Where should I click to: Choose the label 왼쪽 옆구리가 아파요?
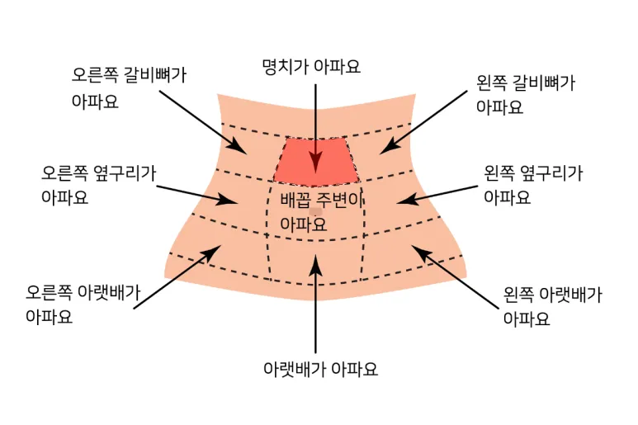click(x=532, y=186)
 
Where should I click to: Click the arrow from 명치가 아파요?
click(x=315, y=124)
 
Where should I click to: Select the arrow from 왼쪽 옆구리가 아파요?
click(x=437, y=193)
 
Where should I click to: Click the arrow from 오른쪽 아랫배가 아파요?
click(x=177, y=277)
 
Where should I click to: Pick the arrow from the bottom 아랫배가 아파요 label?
click(x=315, y=305)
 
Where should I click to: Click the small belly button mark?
click(x=315, y=213)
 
